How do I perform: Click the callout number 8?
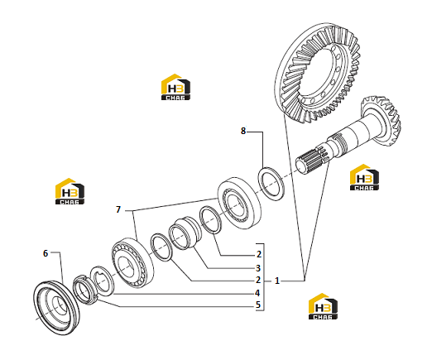click(243, 131)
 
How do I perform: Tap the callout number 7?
click(118, 209)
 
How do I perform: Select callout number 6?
click(46, 253)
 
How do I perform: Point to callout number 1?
click(277, 281)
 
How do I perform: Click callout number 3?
click(258, 268)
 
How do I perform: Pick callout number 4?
click(257, 293)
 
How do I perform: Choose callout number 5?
click(258, 305)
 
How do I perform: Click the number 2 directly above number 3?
click(258, 254)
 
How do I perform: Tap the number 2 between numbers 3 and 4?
click(258, 280)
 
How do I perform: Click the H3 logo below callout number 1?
click(323, 306)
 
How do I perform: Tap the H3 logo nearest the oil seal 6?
click(70, 191)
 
